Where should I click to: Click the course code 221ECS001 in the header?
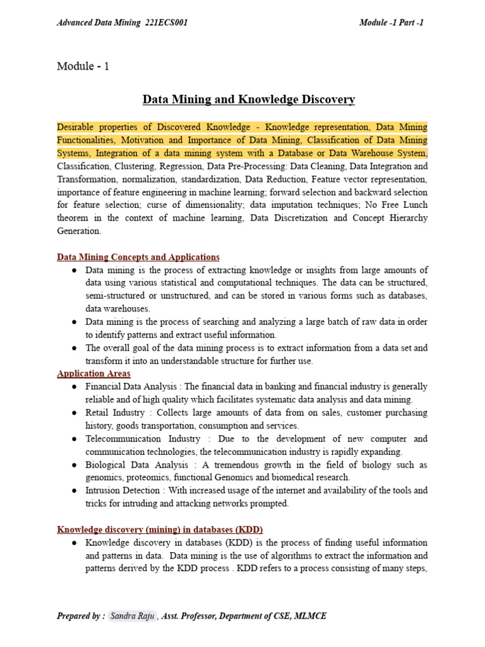click(x=166, y=23)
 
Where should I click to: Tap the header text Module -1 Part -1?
click(x=391, y=23)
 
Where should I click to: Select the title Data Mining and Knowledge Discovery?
click(x=249, y=99)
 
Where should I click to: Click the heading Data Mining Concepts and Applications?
click(x=138, y=257)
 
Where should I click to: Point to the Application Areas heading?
click(x=93, y=373)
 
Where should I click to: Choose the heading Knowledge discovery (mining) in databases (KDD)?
click(x=160, y=529)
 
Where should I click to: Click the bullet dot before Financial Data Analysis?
click(x=75, y=387)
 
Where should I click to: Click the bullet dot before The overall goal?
click(x=75, y=348)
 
